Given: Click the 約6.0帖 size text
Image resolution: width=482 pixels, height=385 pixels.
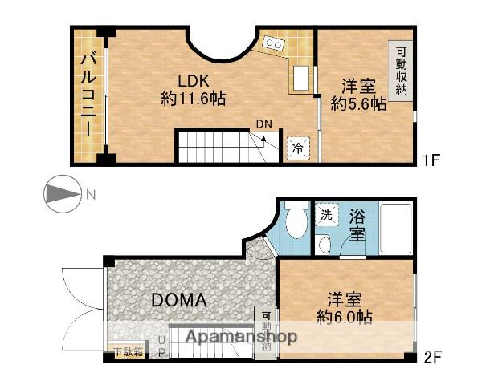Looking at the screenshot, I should click(345, 317).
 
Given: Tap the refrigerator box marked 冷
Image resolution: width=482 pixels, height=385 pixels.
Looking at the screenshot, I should click(297, 148).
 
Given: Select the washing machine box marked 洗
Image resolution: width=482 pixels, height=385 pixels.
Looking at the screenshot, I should click(326, 215).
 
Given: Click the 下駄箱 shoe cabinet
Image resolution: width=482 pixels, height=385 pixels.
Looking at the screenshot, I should click(129, 351).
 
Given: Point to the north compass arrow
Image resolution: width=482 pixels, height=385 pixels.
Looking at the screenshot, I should click(61, 194).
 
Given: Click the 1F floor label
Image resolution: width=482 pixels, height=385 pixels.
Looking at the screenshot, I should click(431, 160).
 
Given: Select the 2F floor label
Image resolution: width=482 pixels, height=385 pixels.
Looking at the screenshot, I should click(431, 354).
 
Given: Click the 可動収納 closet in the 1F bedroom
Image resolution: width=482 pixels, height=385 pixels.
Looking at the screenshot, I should click(401, 70).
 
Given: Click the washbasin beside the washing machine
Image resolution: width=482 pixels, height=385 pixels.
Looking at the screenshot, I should click(325, 244).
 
